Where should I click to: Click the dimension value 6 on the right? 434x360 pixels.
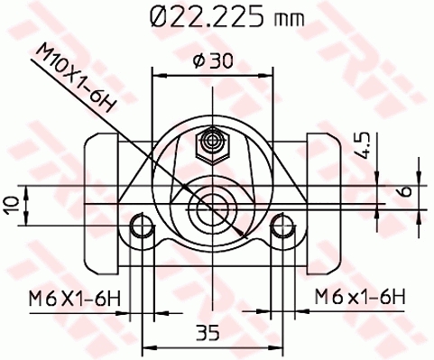(404, 192)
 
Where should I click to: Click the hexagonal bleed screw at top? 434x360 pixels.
(214, 141)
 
